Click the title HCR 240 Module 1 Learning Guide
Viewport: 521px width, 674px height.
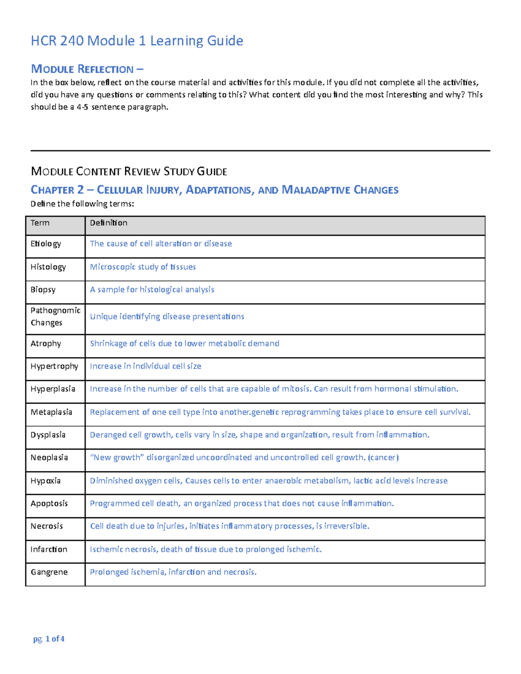tap(137, 41)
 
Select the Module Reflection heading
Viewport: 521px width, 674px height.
tap(87, 69)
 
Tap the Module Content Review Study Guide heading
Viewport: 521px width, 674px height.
tap(129, 171)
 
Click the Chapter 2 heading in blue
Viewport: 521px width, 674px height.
tap(214, 190)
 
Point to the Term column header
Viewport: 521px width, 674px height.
tap(40, 223)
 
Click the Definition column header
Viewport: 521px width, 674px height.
tap(109, 223)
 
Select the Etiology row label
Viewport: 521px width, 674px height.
tap(46, 243)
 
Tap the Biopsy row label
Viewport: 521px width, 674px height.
tap(43, 289)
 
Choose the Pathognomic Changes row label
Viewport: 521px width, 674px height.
tap(55, 316)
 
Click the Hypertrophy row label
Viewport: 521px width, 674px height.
tap(54, 366)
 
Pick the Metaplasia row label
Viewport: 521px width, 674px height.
tap(51, 412)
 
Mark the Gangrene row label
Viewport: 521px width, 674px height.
tap(49, 572)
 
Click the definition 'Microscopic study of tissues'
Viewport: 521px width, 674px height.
tap(143, 267)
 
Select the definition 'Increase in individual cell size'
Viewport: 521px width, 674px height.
tap(145, 366)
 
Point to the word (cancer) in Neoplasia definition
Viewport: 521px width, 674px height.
tap(383, 457)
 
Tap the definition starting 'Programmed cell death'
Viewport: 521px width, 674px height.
tap(242, 503)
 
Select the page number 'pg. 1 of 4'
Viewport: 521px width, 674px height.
tap(49, 638)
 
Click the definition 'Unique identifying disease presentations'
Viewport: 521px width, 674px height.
tap(167, 316)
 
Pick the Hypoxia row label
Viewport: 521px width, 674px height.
tap(46, 480)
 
